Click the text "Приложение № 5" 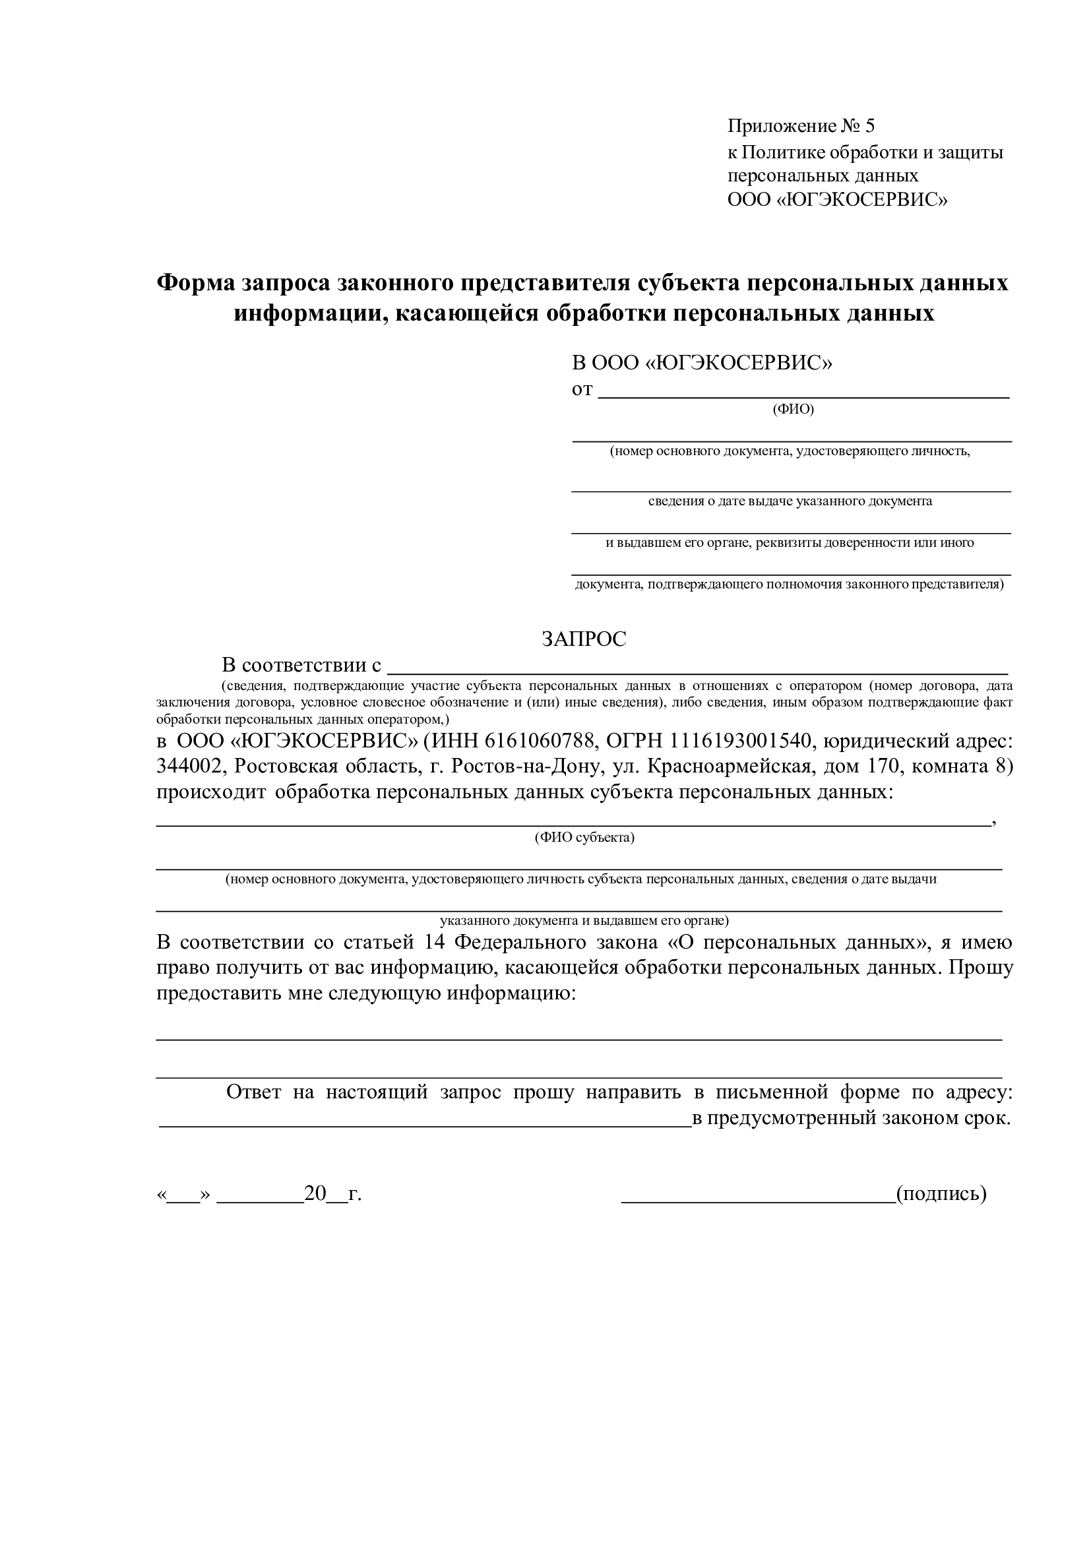coord(801,126)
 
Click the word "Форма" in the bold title coord(194,283)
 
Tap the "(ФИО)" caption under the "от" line coord(793,409)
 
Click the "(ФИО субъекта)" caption coord(584,837)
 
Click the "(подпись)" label coord(941,1193)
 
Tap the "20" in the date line coord(315,1193)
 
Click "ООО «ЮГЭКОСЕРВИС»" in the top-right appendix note coord(837,200)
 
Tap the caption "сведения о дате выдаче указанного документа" coord(790,501)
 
